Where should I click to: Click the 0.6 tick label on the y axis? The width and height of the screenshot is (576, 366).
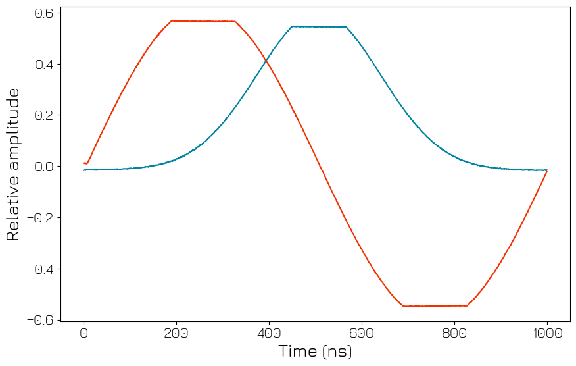pos(45,13)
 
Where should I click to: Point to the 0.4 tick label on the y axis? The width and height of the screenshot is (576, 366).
pos(45,65)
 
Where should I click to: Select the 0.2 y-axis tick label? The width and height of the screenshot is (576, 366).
pos(45,115)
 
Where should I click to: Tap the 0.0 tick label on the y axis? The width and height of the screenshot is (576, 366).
pos(45,167)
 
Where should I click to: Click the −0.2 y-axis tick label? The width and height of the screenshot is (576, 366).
pos(41,218)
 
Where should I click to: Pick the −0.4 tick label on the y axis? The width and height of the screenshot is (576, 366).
pos(41,269)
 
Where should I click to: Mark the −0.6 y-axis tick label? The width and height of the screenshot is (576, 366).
pos(41,320)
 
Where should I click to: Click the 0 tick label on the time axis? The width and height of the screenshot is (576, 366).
pos(84,333)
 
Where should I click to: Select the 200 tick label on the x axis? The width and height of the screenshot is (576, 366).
pos(176,333)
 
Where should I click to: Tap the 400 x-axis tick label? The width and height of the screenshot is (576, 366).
pos(269,333)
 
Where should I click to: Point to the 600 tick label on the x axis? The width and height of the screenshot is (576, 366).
pos(362,333)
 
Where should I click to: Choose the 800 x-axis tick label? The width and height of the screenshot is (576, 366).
pos(454,333)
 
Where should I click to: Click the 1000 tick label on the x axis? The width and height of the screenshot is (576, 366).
pos(547,333)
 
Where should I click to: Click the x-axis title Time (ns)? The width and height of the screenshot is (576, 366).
pos(315,352)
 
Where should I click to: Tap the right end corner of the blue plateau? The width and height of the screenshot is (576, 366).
pos(346,27)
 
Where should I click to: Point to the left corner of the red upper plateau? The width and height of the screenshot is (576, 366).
pos(172,21)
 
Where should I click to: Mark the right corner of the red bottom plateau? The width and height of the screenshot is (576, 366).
pos(467,305)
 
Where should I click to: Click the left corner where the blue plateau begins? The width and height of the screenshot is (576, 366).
pos(292,26)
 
